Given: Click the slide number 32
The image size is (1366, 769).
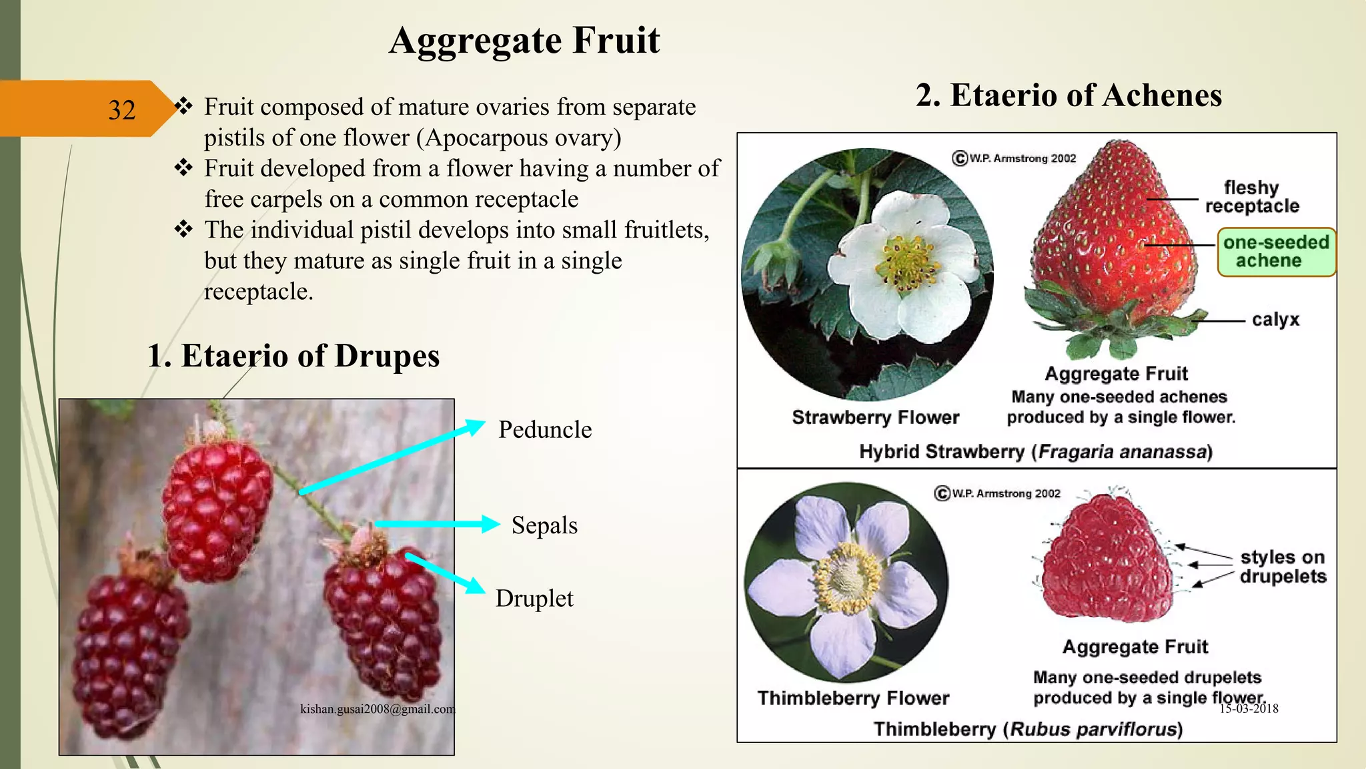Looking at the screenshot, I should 121,110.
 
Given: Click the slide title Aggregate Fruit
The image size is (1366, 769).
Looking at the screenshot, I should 524,41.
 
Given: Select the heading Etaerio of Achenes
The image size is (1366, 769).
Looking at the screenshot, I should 1069,95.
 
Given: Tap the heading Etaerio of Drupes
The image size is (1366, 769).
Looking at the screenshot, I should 293,356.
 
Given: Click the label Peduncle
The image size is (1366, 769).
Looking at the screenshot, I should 545,430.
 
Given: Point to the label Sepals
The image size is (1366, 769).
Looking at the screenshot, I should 544,525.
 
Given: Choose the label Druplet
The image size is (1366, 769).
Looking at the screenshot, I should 534,599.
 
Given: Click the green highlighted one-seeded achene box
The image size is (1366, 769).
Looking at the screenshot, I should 1276,252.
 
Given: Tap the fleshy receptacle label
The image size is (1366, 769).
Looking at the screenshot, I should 1252,197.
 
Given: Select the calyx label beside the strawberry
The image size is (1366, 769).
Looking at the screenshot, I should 1275,320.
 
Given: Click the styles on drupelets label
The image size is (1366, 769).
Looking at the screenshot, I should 1283,567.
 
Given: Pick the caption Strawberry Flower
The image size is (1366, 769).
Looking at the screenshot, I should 875,418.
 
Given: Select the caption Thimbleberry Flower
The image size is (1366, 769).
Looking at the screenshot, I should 853,698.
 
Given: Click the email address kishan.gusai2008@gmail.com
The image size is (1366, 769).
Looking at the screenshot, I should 378,709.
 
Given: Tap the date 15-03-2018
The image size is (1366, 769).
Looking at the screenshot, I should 1249,709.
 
